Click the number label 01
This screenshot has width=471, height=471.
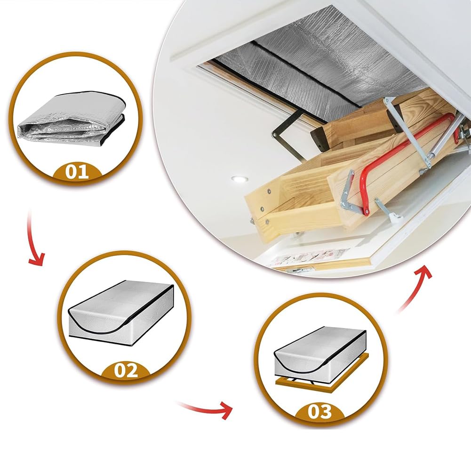77,172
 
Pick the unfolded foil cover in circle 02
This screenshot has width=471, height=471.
122,313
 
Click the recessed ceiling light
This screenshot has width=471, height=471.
239,179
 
